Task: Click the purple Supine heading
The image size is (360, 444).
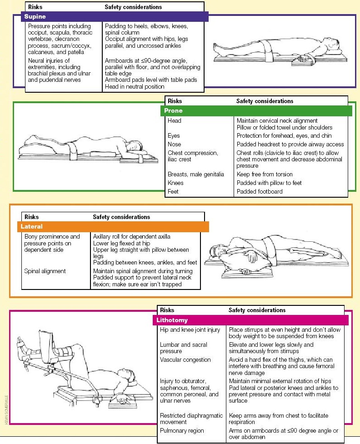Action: [x=35, y=17]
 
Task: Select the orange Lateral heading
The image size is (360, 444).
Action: [x=31, y=226]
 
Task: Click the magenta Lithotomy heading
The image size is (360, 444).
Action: [x=172, y=320]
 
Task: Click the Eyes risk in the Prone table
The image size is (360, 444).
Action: [x=174, y=136]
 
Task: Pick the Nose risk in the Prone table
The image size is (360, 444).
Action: [x=174, y=145]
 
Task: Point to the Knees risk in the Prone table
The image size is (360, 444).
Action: [x=175, y=183]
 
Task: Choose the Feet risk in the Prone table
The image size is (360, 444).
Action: [x=173, y=191]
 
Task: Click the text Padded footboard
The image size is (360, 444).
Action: [x=260, y=191]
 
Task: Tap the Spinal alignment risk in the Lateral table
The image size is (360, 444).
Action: [x=45, y=271]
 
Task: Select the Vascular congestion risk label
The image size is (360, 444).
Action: [x=185, y=360]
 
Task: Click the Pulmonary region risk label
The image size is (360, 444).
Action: [x=182, y=430]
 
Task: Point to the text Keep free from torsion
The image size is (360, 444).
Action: [x=265, y=174]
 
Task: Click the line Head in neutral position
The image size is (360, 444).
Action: [x=135, y=86]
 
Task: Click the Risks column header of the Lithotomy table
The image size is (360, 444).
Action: [x=167, y=310]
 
